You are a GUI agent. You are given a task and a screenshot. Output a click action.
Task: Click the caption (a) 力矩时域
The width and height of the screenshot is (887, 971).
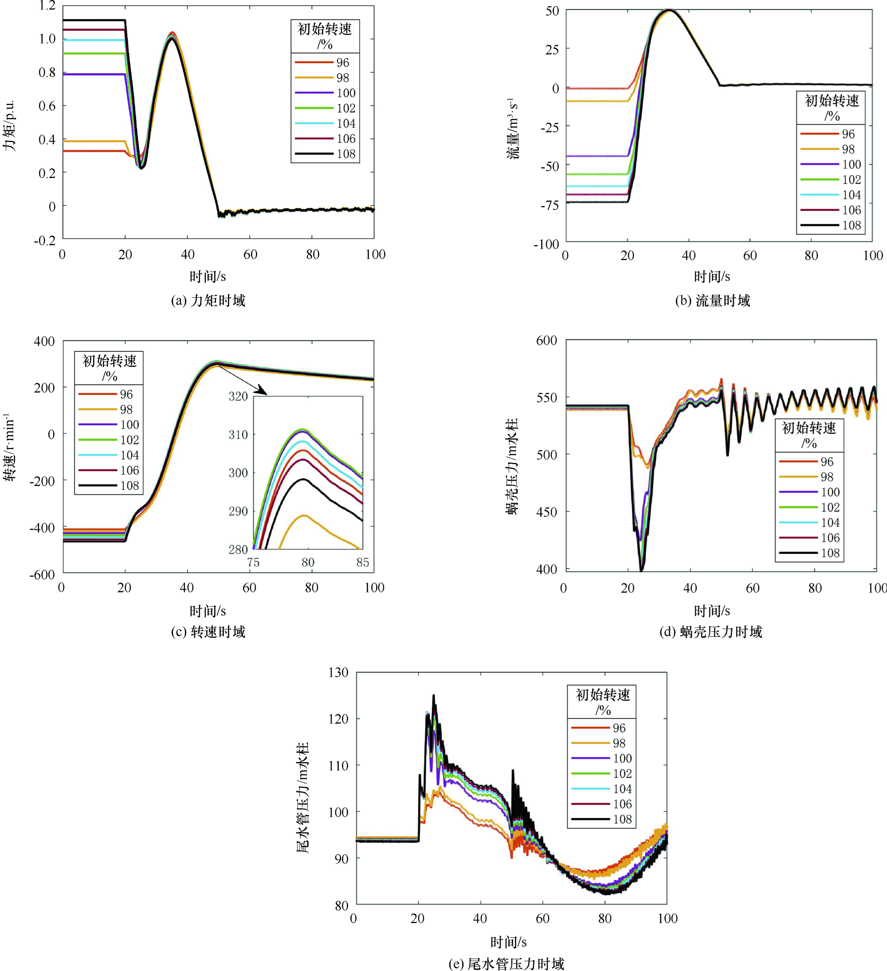point(208,300)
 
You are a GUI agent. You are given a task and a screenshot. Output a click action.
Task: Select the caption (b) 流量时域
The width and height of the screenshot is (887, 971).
point(712,300)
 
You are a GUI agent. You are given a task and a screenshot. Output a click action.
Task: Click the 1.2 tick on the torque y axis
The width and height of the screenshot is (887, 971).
point(47,6)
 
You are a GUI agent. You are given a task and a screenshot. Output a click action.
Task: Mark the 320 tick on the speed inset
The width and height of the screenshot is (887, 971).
point(238,396)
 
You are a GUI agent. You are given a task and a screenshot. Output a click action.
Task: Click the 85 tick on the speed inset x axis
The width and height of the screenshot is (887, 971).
point(362,562)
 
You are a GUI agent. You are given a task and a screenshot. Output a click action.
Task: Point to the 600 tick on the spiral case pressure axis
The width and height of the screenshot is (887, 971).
point(546,340)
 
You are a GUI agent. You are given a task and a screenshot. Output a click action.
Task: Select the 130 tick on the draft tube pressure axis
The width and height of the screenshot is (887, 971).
point(338,672)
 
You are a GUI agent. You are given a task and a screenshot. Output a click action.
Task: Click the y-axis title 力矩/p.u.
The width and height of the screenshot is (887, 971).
point(10,125)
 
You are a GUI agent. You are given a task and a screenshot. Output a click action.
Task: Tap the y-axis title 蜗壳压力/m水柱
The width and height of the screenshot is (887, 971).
point(512,467)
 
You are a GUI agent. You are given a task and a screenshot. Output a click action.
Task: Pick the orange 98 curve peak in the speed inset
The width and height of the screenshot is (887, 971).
point(304,515)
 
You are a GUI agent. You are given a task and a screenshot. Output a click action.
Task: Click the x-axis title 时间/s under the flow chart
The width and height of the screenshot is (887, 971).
point(712,276)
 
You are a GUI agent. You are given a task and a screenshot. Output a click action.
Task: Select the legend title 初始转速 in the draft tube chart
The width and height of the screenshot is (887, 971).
point(603,695)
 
